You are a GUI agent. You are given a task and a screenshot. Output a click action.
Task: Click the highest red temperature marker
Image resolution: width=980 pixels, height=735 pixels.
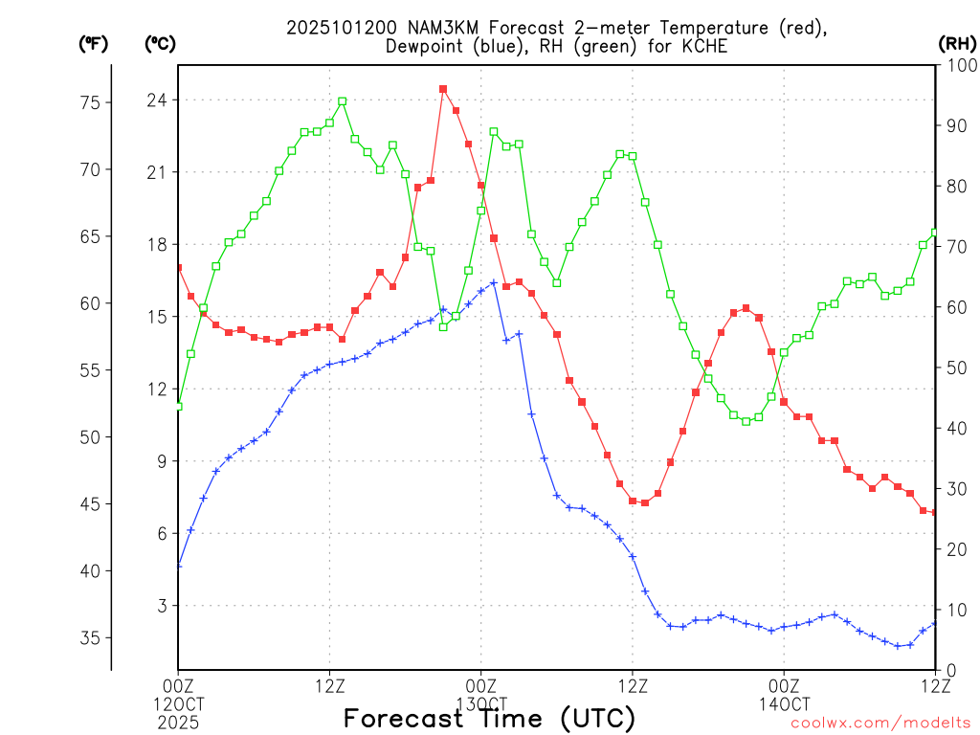tap(443, 89)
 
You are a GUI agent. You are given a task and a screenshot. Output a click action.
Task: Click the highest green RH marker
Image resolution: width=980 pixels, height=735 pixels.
tap(343, 100)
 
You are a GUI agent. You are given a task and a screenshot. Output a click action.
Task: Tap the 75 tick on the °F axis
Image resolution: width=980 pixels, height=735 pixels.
tap(100, 103)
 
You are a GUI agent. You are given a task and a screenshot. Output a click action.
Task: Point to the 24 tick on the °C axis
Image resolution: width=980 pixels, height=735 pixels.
tap(157, 100)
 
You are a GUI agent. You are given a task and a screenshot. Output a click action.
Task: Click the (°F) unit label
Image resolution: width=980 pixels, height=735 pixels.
tap(94, 43)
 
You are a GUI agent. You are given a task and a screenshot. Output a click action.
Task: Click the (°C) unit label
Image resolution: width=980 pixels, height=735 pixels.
tap(160, 43)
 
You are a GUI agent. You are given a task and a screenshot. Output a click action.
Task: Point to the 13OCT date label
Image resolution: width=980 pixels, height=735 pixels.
tap(481, 704)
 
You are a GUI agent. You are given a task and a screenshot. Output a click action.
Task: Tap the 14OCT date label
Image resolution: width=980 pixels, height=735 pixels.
tap(784, 704)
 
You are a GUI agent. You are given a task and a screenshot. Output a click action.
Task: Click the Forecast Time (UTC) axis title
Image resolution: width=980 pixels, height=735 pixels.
tap(489, 718)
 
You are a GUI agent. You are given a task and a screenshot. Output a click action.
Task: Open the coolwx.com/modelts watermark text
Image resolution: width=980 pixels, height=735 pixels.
tap(880, 723)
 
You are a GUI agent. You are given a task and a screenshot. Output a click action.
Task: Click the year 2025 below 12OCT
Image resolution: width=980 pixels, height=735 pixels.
tap(178, 721)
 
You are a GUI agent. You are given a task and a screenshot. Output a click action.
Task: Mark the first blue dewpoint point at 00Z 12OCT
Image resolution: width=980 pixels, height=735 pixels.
tap(178, 566)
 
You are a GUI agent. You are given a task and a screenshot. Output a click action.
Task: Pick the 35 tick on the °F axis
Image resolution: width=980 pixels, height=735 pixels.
tap(100, 638)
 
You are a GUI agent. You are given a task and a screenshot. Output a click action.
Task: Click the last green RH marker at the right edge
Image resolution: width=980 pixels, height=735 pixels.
tap(936, 233)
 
